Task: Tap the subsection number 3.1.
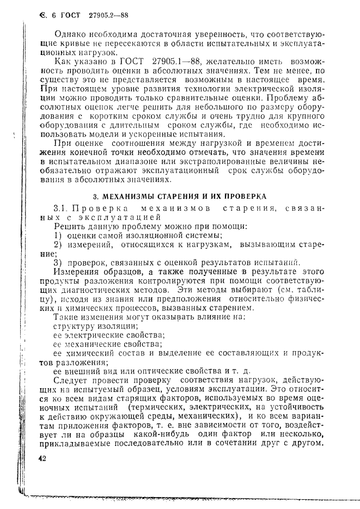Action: tap(61, 208)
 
